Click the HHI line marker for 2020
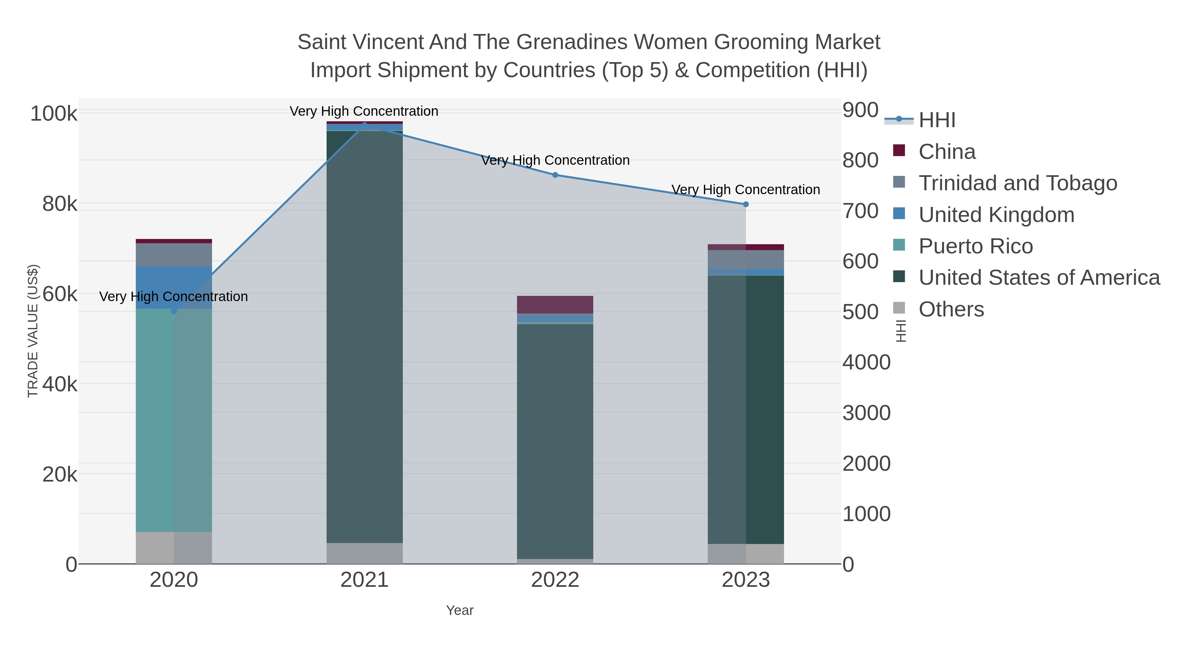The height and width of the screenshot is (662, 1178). (174, 311)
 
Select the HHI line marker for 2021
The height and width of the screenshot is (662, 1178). (365, 125)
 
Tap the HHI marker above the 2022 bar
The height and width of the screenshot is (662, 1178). (555, 175)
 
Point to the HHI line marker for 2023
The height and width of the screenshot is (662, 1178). (746, 204)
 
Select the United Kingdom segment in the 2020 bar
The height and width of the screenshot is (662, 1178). (174, 287)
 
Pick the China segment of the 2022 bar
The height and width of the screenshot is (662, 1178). (555, 305)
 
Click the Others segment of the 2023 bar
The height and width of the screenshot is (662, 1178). (746, 554)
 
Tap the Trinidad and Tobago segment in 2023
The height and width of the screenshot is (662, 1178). (746, 260)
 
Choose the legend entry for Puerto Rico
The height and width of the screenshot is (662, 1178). (975, 246)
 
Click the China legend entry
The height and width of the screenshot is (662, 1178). (947, 152)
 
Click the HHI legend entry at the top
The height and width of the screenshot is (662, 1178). (937, 120)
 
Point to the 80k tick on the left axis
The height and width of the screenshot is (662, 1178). (60, 204)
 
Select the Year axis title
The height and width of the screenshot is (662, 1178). (460, 610)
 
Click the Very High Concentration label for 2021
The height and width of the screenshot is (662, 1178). (364, 111)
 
